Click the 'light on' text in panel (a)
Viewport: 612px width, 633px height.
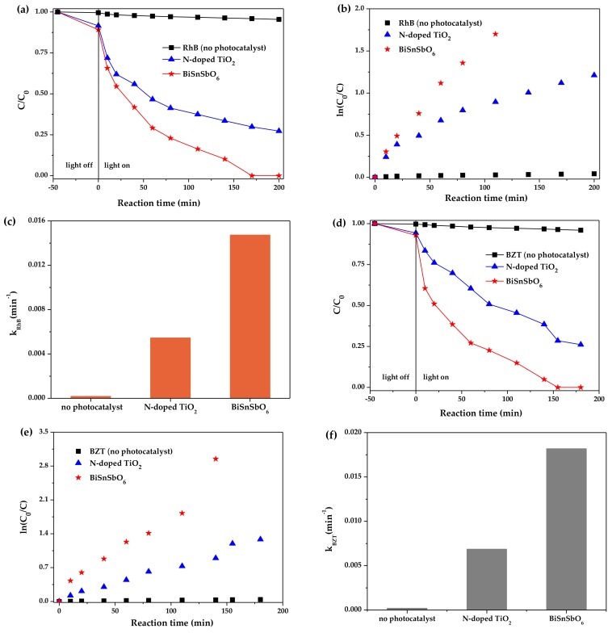click(118, 164)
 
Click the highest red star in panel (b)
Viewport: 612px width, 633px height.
click(495, 34)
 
